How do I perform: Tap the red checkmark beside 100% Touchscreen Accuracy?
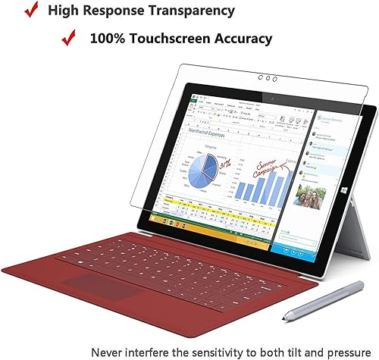coord(68,37)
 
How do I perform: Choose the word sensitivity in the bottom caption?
coord(202,352)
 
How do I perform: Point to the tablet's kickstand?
coord(356,243)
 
